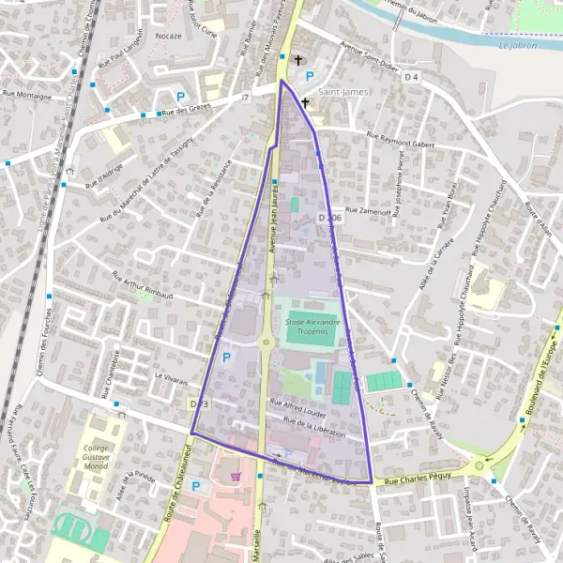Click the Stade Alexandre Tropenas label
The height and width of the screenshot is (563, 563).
[312, 327]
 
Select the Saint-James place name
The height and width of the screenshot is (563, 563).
[344, 92]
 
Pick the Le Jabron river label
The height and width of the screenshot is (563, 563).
[518, 44]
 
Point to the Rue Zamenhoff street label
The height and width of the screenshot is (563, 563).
[367, 212]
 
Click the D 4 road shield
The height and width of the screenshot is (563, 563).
[411, 78]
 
